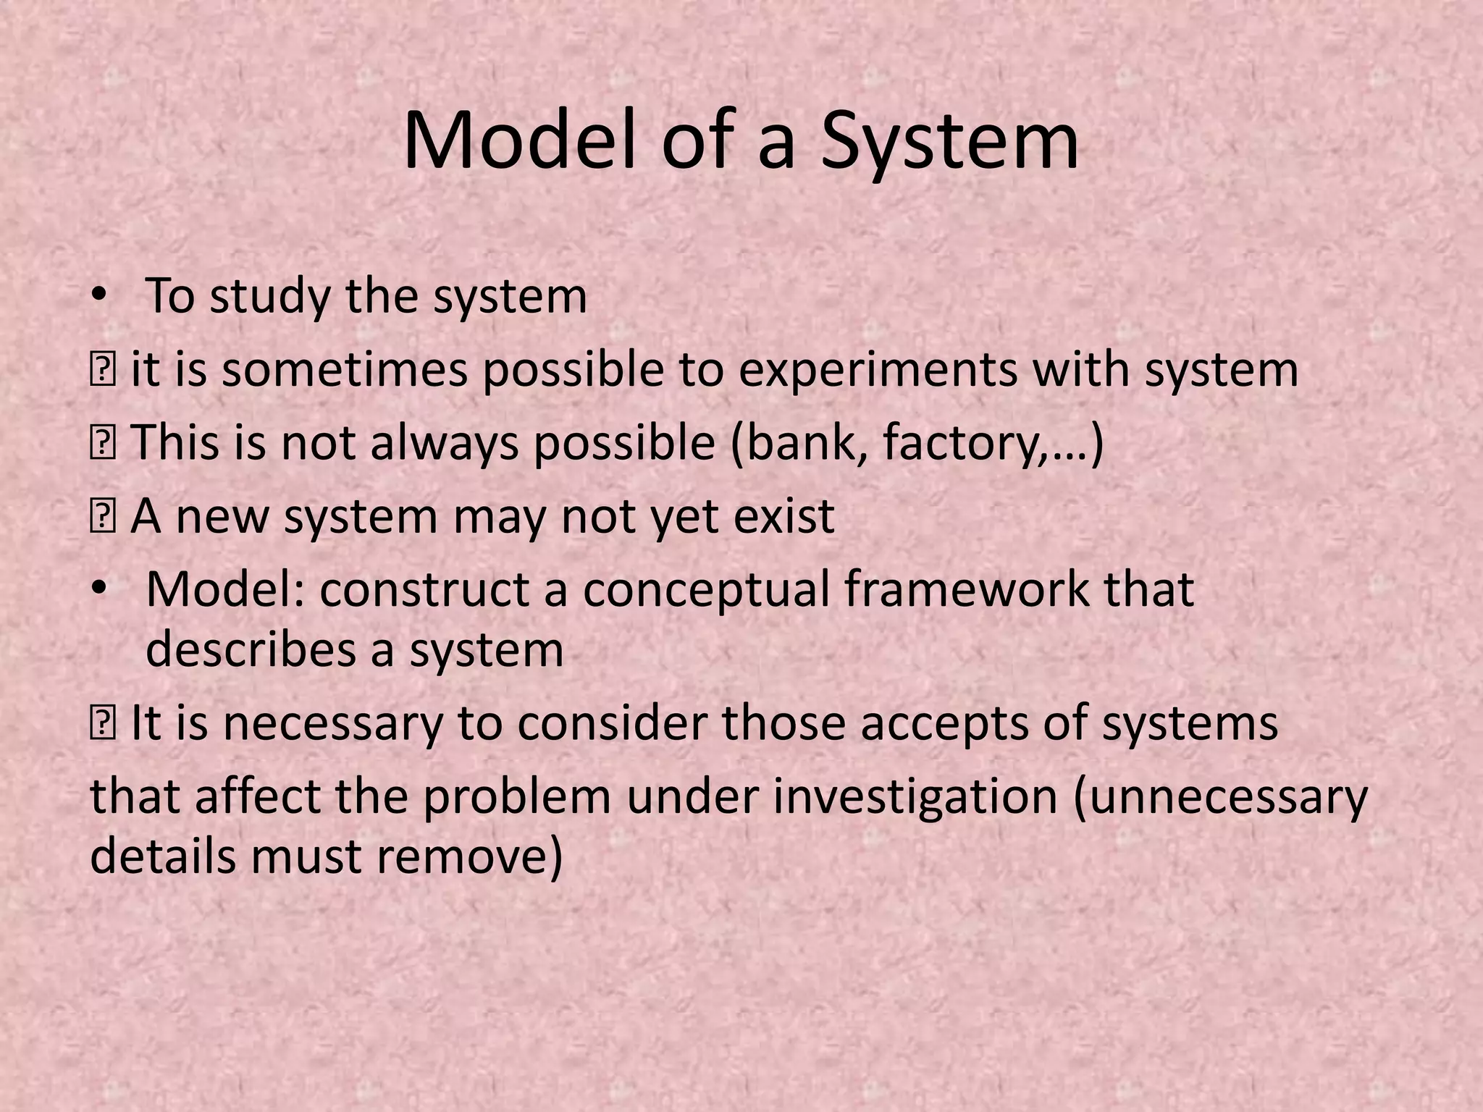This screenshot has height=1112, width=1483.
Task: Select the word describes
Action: coord(249,649)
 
